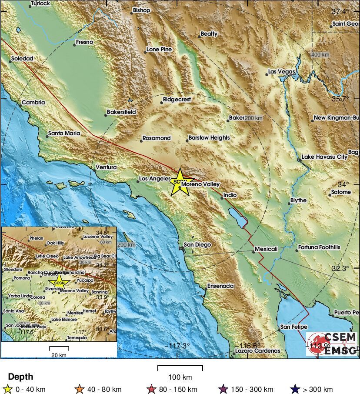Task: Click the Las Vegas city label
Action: pos(281,72)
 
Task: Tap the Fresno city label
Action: pos(84,43)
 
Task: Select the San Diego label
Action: pos(197,245)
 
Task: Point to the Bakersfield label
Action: pos(121,112)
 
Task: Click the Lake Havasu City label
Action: pos(324,157)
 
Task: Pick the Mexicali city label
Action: pos(266,249)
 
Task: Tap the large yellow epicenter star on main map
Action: pos(180,182)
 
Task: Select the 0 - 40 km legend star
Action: pos(7,389)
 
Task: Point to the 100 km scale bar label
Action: pos(180,377)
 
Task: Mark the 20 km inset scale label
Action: pos(59,355)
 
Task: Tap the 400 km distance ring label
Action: pos(320,55)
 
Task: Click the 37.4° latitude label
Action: pos(340,11)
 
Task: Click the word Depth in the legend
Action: pos(20,377)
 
